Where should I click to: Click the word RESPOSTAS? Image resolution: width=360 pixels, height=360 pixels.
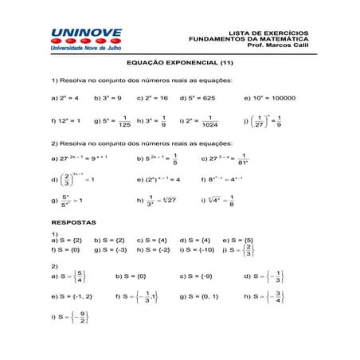click(x=73, y=221)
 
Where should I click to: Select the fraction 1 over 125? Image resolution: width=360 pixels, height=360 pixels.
click(x=123, y=121)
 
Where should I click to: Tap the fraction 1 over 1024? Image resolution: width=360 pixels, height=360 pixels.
click(x=209, y=121)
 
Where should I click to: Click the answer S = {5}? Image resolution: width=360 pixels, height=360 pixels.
click(x=238, y=239)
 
